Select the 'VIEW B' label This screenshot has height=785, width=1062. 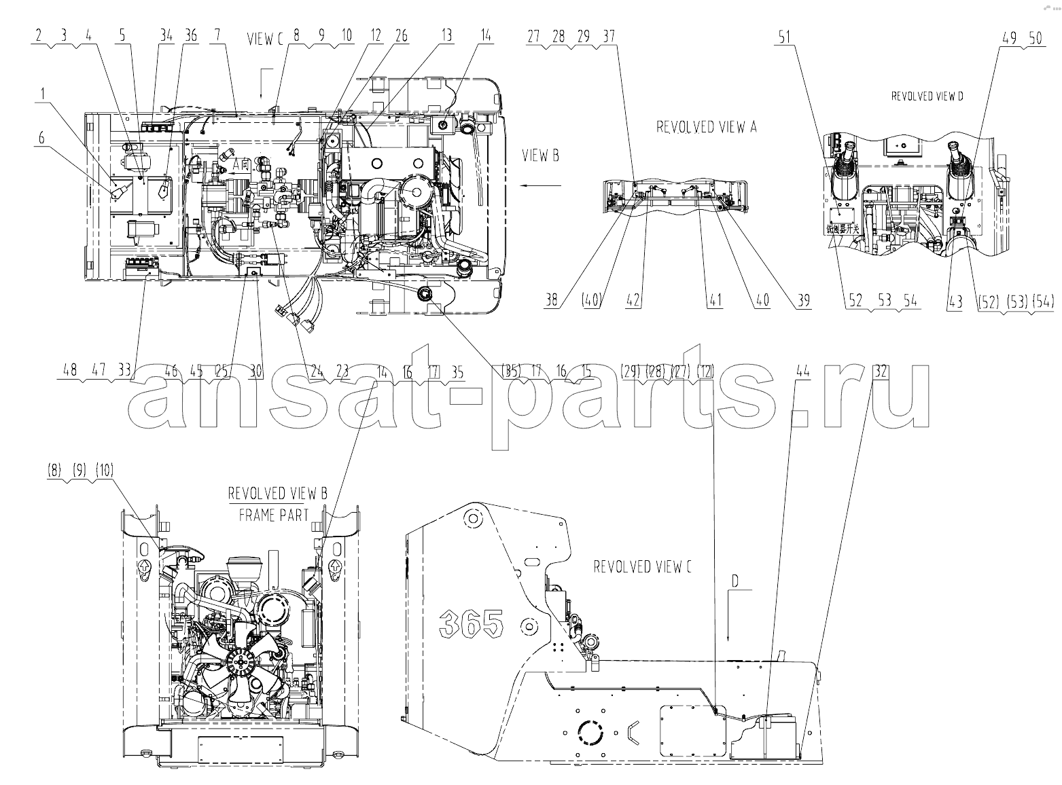coord(540,156)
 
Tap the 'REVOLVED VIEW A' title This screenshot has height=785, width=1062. coord(706,127)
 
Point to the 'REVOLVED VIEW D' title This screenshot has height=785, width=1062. coord(927,96)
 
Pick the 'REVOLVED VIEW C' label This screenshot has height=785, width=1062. coord(642,566)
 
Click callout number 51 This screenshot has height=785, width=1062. coord(785,38)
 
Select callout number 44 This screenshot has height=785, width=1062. coord(803,371)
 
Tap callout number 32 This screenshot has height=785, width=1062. coord(881,371)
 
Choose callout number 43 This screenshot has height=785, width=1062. coord(956,301)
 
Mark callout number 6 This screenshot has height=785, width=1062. coord(42,137)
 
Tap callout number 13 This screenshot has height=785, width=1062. coord(446,35)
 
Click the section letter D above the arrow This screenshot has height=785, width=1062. coord(734,581)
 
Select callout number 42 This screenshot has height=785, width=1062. coord(633,301)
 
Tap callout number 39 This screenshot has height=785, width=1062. coord(804,301)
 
